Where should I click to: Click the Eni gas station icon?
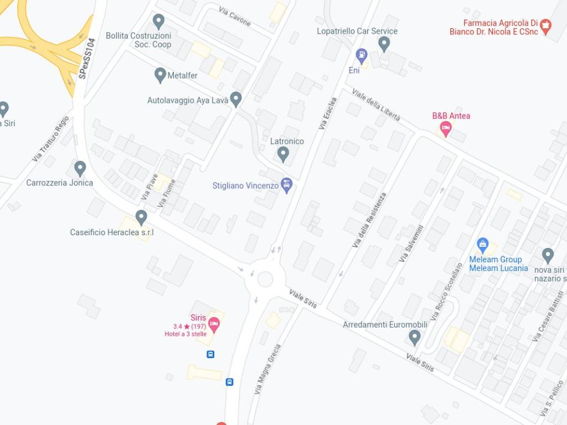coord(362,55)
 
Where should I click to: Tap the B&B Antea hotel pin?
coord(445,129)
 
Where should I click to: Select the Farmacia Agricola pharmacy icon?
coord(546,25)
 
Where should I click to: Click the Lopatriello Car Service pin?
coord(384,43)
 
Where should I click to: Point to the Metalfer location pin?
coord(160,75)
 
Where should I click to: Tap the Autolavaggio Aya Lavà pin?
coord(236,99)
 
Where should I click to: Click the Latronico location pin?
coord(283,154)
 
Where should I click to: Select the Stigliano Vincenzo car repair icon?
coord(286,185)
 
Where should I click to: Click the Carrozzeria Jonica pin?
coord(80,168)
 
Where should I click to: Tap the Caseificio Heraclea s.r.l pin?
coord(141,217)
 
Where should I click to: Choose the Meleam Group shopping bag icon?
coord(483,245)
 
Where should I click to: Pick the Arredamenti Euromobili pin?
coord(415,336)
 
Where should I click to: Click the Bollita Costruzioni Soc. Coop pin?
coord(158,22)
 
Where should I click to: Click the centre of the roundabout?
coord(265,279)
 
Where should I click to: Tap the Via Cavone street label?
coord(235,17)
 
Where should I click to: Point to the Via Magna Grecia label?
coord(268,369)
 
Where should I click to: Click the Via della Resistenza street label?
coord(369,220)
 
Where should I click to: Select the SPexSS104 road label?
coord(87,58)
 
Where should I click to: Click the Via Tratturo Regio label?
coord(51,139)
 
